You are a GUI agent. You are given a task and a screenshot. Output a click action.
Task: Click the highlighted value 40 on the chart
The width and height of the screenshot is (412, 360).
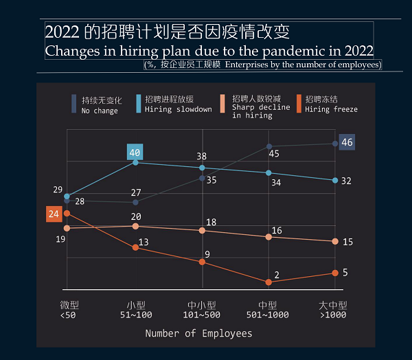coord(135,153)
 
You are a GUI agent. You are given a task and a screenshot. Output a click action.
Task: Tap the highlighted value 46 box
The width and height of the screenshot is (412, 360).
coord(347,142)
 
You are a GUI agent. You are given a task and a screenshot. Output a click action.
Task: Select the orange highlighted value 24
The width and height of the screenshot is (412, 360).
coord(54,214)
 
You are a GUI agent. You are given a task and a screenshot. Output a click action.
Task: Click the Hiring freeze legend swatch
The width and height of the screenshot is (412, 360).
coord(299,104)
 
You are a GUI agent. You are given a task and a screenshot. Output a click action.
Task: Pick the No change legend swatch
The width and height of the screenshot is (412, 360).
coord(73,104)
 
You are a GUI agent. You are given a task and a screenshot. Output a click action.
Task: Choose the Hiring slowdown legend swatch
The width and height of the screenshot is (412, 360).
coord(139,104)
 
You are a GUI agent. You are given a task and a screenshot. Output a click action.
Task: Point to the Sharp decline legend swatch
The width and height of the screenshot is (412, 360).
coord(224,104)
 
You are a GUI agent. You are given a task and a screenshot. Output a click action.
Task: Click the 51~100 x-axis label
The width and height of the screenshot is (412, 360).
coord(135,315)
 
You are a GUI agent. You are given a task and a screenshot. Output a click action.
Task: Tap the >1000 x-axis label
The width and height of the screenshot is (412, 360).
coord(333,315)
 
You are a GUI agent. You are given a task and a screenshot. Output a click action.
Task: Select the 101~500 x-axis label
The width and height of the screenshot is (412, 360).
coord(202,315)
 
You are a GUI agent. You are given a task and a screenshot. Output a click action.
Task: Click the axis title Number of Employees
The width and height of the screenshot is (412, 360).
coord(198,334)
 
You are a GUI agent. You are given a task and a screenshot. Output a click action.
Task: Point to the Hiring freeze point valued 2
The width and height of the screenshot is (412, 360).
coord(268,282)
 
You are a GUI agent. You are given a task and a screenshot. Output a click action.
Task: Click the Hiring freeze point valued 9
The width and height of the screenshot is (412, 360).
coord(202,262)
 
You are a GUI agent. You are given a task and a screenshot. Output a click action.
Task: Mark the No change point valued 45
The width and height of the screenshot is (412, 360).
coord(268,146)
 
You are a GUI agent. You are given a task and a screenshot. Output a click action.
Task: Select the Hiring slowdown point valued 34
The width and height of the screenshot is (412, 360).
coord(268,172)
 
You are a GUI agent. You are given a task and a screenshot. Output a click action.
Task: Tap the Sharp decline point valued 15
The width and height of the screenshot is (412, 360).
coord(335,241)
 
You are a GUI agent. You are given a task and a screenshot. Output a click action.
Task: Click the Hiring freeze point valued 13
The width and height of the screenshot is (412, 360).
coord(135,247)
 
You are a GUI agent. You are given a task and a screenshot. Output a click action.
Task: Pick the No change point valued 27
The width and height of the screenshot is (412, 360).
coord(135,203)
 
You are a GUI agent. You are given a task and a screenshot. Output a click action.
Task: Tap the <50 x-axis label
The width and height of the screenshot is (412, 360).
coord(68,315)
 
